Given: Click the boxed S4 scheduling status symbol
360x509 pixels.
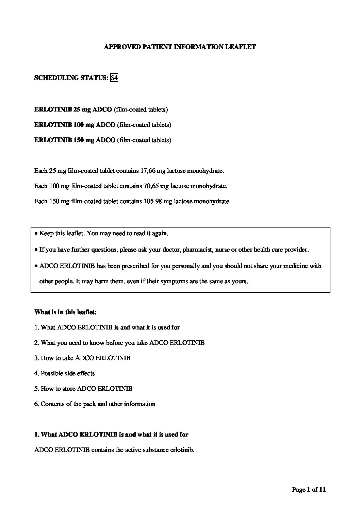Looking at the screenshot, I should coord(114,78).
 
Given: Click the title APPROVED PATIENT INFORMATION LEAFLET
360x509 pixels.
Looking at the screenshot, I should coord(180,47).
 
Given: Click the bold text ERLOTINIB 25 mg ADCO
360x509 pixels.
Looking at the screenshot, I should coord(73,109).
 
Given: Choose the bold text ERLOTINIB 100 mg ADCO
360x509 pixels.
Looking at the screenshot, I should coord(75,125).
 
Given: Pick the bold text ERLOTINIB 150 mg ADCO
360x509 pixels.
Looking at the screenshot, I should coord(75,140).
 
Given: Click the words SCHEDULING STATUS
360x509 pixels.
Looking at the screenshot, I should coord(71,78).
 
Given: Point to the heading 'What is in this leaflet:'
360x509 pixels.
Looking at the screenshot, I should coord(65,312).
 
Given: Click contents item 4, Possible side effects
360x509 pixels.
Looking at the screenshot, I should coord(65,373).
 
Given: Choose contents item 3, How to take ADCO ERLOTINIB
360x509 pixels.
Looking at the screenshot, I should coord(82,358).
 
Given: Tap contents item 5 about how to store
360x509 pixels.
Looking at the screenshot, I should coord(83,389).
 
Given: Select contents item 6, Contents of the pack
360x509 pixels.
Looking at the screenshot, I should coord(95,404).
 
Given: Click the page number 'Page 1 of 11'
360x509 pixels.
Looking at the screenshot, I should coord(309,490).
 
